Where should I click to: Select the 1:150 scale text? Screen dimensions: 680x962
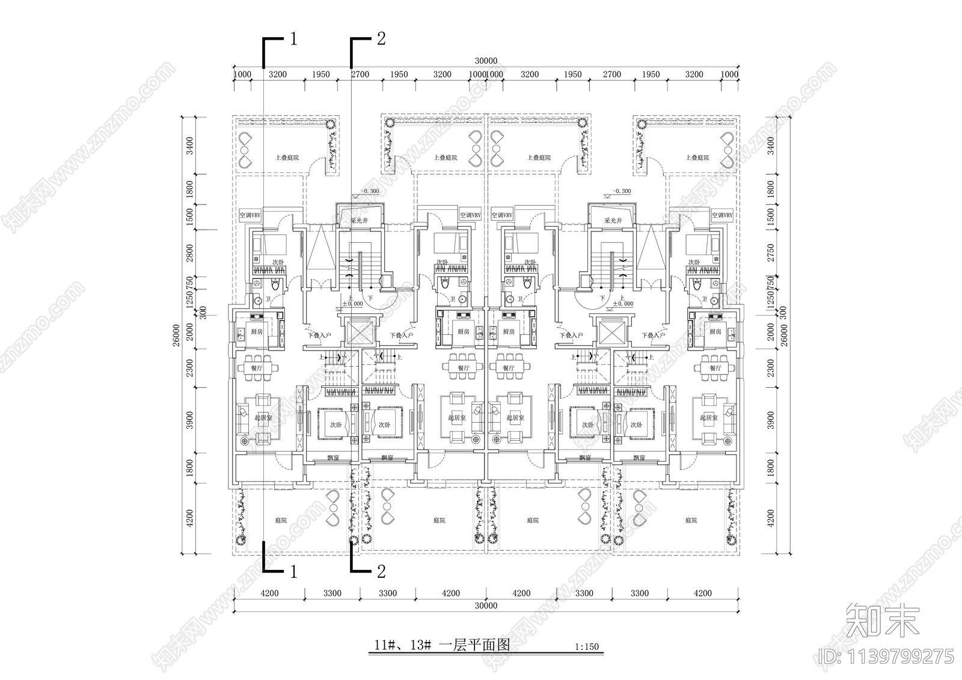[587, 648]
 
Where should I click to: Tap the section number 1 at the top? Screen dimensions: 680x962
[293, 40]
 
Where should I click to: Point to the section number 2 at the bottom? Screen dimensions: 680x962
[381, 571]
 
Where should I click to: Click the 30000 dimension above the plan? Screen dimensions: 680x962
[486, 61]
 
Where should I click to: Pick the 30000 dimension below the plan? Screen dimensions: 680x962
[486, 606]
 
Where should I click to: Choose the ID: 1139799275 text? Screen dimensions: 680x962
[885, 655]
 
